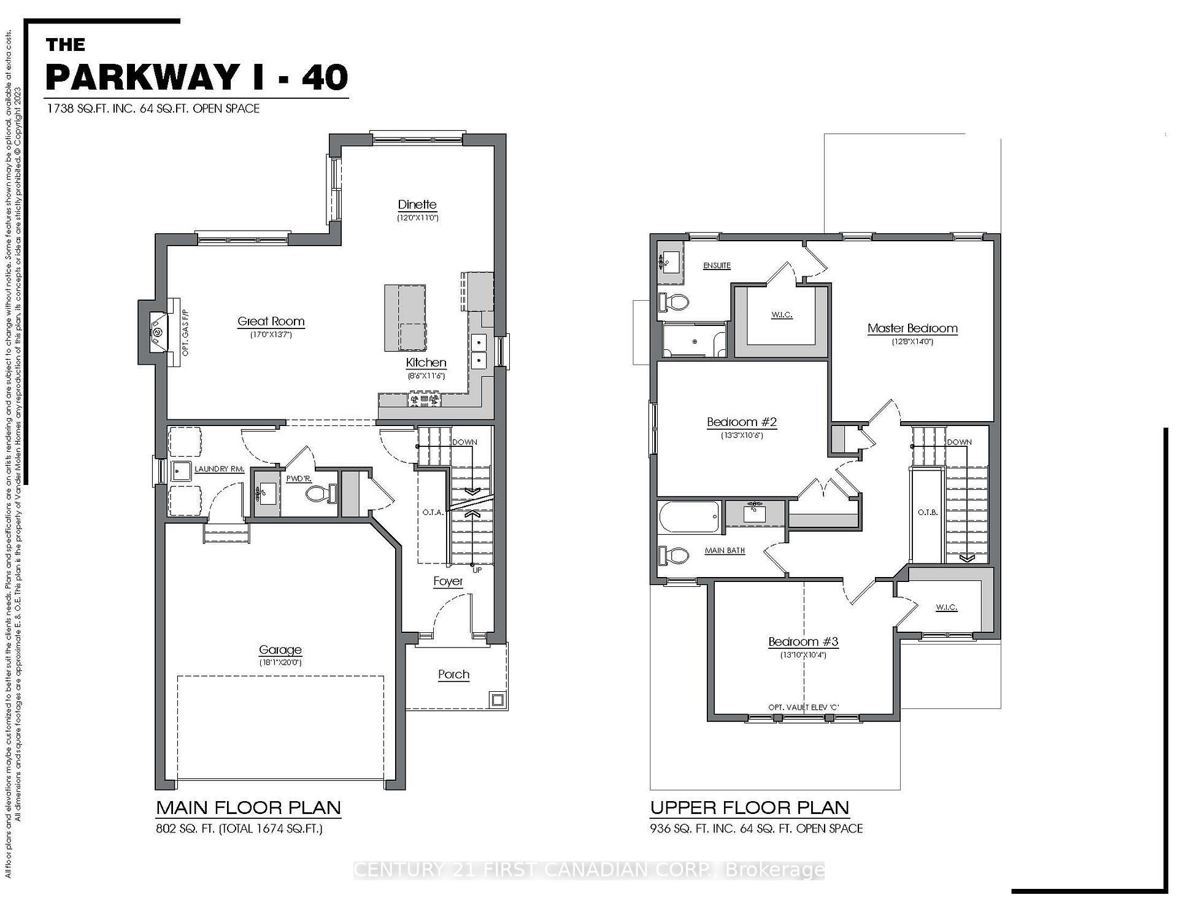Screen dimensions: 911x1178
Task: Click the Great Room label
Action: [271, 321]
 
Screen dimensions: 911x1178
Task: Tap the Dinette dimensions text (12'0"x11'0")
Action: [417, 218]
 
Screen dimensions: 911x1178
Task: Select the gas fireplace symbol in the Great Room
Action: [158, 333]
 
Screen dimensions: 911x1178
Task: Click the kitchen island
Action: [405, 317]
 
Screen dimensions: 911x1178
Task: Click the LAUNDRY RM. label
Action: [220, 469]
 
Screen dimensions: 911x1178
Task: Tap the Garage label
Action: [280, 649]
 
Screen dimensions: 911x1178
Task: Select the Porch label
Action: [453, 674]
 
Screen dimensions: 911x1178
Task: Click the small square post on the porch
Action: [496, 699]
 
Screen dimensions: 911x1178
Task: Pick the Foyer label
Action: [448, 581]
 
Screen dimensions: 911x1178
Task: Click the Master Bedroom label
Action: [912, 328]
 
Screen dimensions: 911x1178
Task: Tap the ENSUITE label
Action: [717, 265]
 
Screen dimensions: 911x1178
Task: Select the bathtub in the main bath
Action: [689, 517]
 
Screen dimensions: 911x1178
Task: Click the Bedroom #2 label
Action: [742, 422]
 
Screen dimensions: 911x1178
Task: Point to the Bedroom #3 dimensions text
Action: [803, 654]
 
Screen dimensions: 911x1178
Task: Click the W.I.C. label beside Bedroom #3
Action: [946, 607]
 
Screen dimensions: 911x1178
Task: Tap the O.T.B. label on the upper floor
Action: [927, 512]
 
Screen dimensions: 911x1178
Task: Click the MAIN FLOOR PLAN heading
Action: [248, 807]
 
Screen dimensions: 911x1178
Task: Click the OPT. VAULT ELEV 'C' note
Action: [803, 707]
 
